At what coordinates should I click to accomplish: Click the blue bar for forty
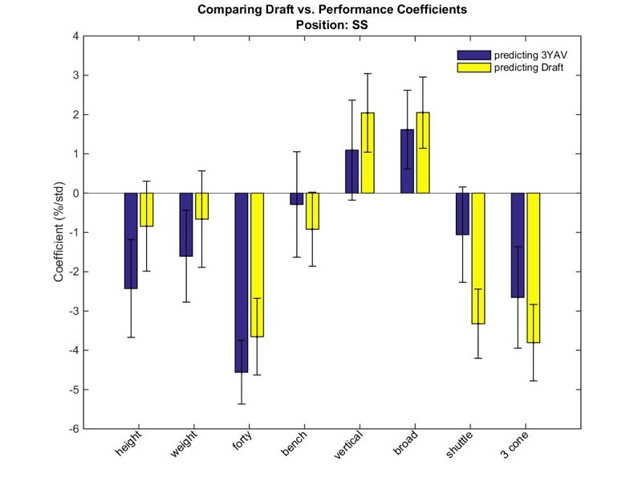[242, 283]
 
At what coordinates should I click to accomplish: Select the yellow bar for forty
[257, 265]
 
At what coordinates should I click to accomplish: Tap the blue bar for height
[131, 240]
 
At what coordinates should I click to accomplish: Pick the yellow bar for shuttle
[478, 258]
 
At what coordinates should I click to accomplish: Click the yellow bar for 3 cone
[534, 268]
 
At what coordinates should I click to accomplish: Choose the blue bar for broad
[407, 161]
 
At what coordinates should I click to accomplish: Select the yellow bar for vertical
[368, 153]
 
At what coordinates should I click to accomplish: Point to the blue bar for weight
[186, 225]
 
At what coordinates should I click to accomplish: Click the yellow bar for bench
[312, 211]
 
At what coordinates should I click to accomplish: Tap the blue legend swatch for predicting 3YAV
[473, 55]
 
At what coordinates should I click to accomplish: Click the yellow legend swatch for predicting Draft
[473, 67]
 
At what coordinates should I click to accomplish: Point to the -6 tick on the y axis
[84, 429]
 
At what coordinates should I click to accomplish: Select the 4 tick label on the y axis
[75, 36]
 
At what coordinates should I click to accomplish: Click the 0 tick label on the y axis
[75, 193]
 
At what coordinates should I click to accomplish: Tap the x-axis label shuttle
[459, 444]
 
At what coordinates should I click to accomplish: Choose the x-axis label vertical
[348, 444]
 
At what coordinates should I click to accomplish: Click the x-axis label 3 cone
[514, 444]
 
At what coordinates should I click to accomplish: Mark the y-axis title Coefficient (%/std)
[59, 231]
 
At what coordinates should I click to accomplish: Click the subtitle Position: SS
[332, 25]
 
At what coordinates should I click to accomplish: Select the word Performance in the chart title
[358, 9]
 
